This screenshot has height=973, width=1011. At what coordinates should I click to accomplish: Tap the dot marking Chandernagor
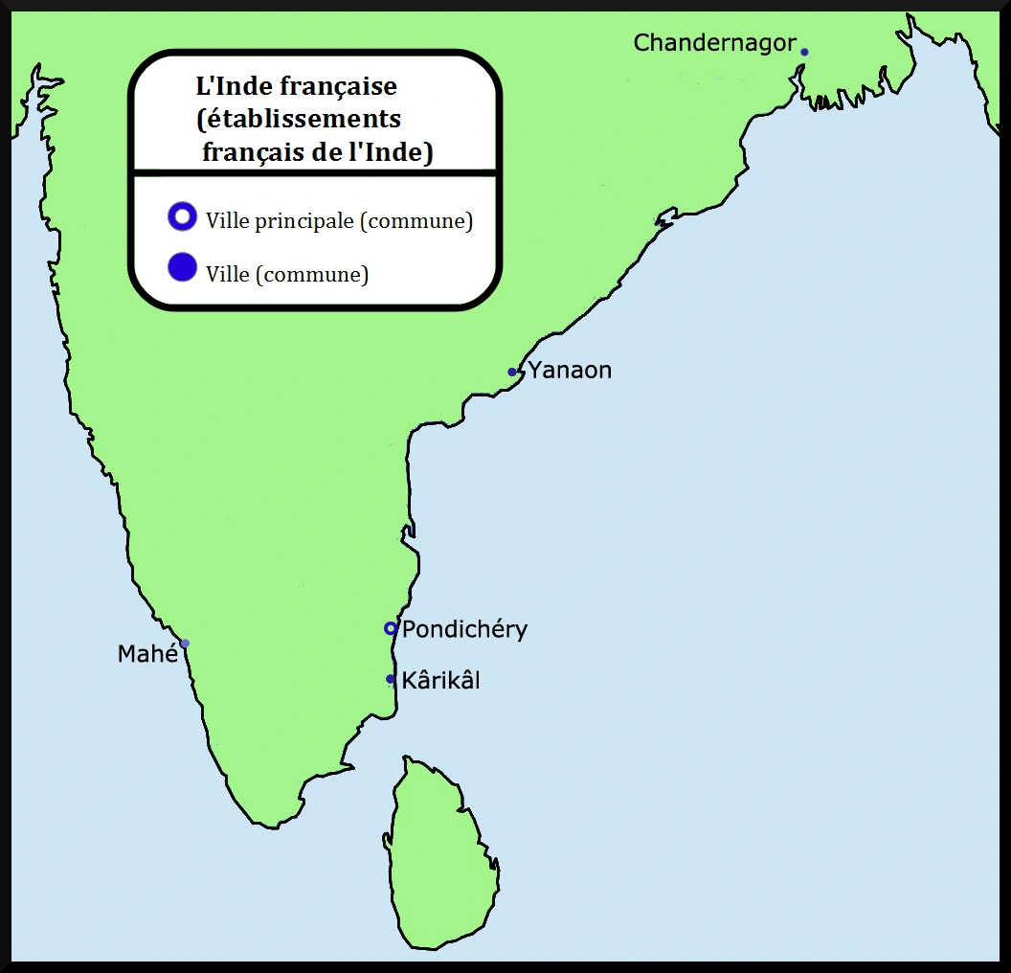pyautogui.click(x=804, y=52)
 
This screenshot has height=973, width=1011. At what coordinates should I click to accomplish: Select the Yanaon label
pyautogui.click(x=570, y=371)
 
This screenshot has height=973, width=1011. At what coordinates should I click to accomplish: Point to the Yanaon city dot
pyautogui.click(x=512, y=372)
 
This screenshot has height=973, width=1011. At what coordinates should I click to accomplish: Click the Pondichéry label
pyautogui.click(x=464, y=629)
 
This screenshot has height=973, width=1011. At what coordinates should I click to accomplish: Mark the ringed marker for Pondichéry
pyautogui.click(x=390, y=628)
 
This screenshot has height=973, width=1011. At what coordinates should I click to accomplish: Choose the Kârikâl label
pyautogui.click(x=440, y=680)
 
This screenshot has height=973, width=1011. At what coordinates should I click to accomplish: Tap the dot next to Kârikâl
pyautogui.click(x=391, y=679)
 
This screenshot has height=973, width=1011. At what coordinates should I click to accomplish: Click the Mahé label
pyautogui.click(x=147, y=654)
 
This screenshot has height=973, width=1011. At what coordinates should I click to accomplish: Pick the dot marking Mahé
pyautogui.click(x=185, y=644)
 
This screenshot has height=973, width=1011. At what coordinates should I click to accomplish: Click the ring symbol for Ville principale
pyautogui.click(x=181, y=217)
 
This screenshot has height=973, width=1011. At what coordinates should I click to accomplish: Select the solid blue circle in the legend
pyautogui.click(x=181, y=268)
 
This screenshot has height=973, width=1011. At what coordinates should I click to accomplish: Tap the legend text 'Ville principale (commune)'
pyautogui.click(x=339, y=220)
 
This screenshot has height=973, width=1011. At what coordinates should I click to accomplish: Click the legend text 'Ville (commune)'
pyautogui.click(x=286, y=274)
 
